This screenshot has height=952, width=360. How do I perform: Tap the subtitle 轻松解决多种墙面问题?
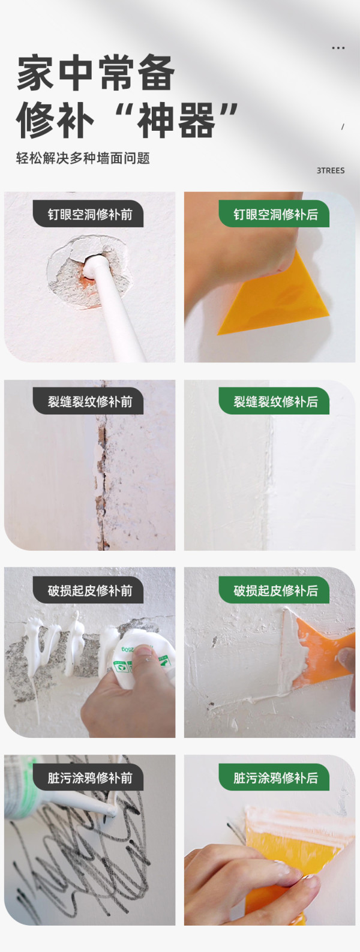click(x=83, y=158)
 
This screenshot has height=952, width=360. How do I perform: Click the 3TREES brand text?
click(x=330, y=170)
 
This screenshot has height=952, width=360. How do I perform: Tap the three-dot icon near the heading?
click(x=338, y=47)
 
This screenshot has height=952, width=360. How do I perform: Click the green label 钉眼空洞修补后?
click(x=275, y=214)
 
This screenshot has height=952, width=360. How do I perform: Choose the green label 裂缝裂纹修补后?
click(x=275, y=402)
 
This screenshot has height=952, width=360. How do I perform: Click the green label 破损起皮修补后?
click(x=275, y=590)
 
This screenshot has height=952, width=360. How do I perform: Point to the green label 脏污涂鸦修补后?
click(x=275, y=778)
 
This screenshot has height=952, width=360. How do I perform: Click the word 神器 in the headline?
click(x=176, y=120)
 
